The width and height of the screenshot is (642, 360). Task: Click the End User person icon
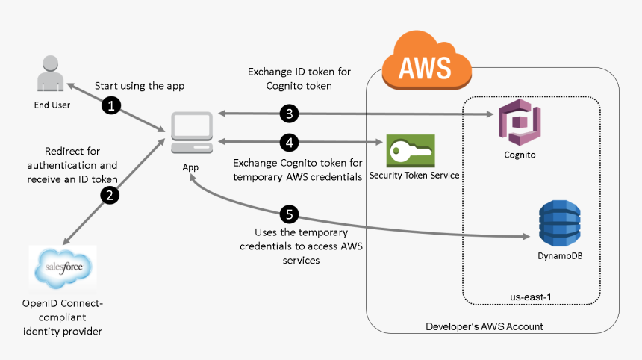pos(51,75)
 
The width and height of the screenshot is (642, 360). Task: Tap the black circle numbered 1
pos(111,106)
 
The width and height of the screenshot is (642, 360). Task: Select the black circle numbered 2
pos(111,196)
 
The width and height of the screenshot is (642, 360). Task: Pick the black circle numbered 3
pos(290,114)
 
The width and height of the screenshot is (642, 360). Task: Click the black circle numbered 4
pos(290,142)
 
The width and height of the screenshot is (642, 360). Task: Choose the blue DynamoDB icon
pos(559,222)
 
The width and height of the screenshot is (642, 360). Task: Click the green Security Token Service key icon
pos(410,151)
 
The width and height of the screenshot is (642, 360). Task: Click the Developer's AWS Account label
pos(484,326)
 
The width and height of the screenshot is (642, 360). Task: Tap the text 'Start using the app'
pos(139,86)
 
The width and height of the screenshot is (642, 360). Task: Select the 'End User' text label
pos(52,105)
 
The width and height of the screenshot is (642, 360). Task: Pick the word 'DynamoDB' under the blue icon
pos(560,255)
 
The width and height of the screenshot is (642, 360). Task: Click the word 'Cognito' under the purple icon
pos(520,155)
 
